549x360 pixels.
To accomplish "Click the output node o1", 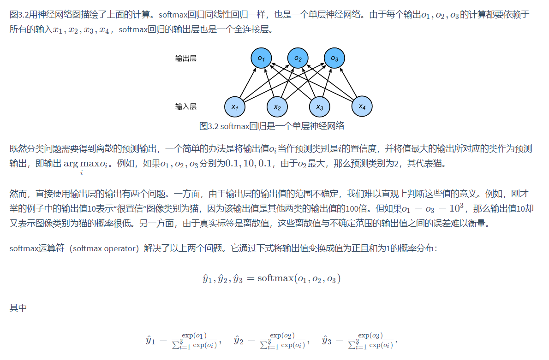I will click(x=261, y=59).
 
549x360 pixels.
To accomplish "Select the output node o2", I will click(x=298, y=59).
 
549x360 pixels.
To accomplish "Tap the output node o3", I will click(x=334, y=59).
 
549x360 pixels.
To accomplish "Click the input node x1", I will click(x=235, y=107).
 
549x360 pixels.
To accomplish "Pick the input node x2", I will click(x=277, y=107).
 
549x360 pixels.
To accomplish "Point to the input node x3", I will click(x=320, y=107).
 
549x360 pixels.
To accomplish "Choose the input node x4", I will click(x=362, y=106).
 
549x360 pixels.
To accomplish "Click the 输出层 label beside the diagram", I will click(x=186, y=59).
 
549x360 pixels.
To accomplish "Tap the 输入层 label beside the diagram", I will click(x=186, y=106).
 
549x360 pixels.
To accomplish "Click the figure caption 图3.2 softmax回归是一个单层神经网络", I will click(x=272, y=126).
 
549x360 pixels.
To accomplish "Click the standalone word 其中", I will click(x=18, y=308).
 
